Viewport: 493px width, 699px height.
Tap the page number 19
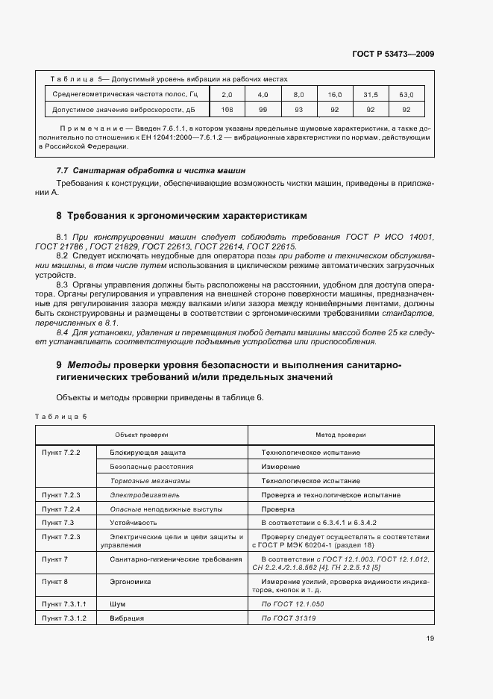tap(430, 638)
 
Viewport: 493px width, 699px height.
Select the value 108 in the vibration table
tap(227, 110)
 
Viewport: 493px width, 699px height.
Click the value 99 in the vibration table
tap(263, 110)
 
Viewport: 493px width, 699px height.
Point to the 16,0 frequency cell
tap(334, 95)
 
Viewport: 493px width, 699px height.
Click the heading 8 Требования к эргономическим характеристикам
tap(181, 216)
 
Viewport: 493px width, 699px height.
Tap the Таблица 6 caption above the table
tap(61, 416)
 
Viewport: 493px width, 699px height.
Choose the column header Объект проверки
tap(141, 434)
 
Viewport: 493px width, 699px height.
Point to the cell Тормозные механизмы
tap(150, 480)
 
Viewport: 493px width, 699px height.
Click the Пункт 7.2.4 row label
tap(61, 509)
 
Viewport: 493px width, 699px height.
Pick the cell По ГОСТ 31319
tap(289, 618)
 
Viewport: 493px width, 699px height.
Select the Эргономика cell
tap(131, 580)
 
